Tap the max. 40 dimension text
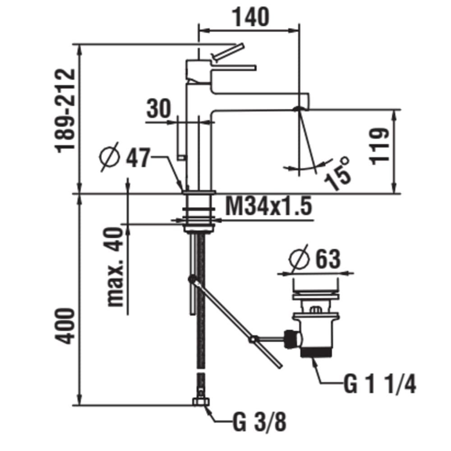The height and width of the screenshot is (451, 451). point(115,267)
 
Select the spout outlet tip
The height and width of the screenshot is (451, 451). point(299,108)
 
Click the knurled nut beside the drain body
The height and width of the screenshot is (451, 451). point(291,337)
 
